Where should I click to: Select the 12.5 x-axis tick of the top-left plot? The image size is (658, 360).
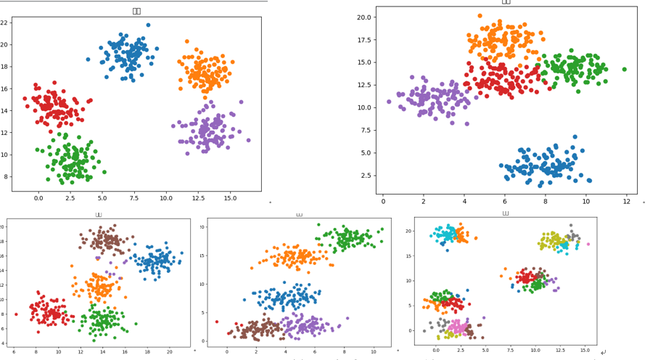coord(198,197)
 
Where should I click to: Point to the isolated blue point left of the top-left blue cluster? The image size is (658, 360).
coord(88,60)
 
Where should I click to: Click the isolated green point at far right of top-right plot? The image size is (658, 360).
coord(624,70)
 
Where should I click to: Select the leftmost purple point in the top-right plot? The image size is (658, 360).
coord(389,102)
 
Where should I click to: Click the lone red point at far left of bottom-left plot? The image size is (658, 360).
coord(16,314)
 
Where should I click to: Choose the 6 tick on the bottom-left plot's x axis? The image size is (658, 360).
coord(13,352)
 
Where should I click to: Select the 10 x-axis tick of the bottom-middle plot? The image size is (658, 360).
coord(373,352)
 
